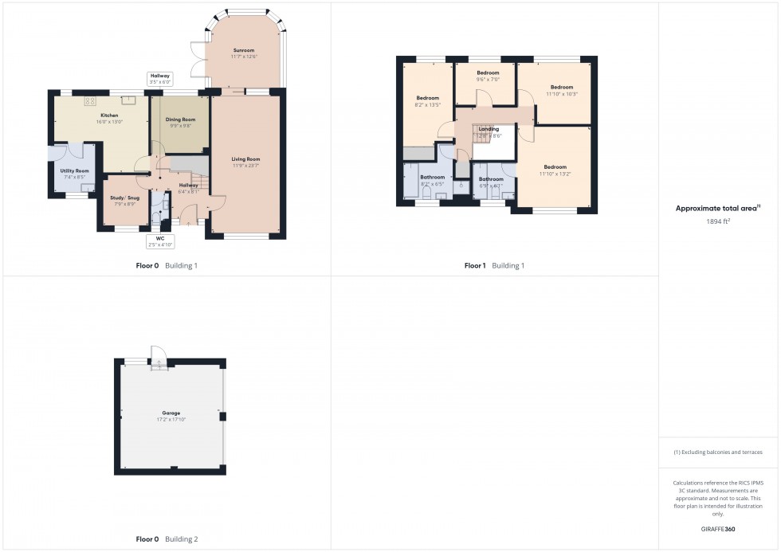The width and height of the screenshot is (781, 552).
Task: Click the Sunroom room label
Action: pos(242,49)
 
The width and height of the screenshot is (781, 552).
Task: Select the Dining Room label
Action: pos(180,119)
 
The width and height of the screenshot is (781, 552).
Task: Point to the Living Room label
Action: pos(245,159)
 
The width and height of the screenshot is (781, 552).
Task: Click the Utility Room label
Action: pos(76,170)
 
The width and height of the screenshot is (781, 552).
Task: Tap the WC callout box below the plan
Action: pos(160,241)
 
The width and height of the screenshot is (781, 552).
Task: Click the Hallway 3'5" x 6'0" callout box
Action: pos(159,78)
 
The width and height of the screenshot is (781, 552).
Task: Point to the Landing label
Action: pos(489,129)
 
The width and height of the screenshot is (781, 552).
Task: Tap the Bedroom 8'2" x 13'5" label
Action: pos(427,98)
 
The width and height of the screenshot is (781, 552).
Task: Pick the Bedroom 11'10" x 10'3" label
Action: pos(562,87)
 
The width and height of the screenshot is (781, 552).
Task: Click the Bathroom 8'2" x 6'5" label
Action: pos(432,177)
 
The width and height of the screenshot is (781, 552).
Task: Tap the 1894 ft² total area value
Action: pos(715,221)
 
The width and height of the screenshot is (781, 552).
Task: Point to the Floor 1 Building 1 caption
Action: pos(494,265)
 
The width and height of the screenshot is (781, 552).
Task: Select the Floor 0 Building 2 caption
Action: pos(166,539)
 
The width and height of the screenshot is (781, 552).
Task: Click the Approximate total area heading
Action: pos(715,209)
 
